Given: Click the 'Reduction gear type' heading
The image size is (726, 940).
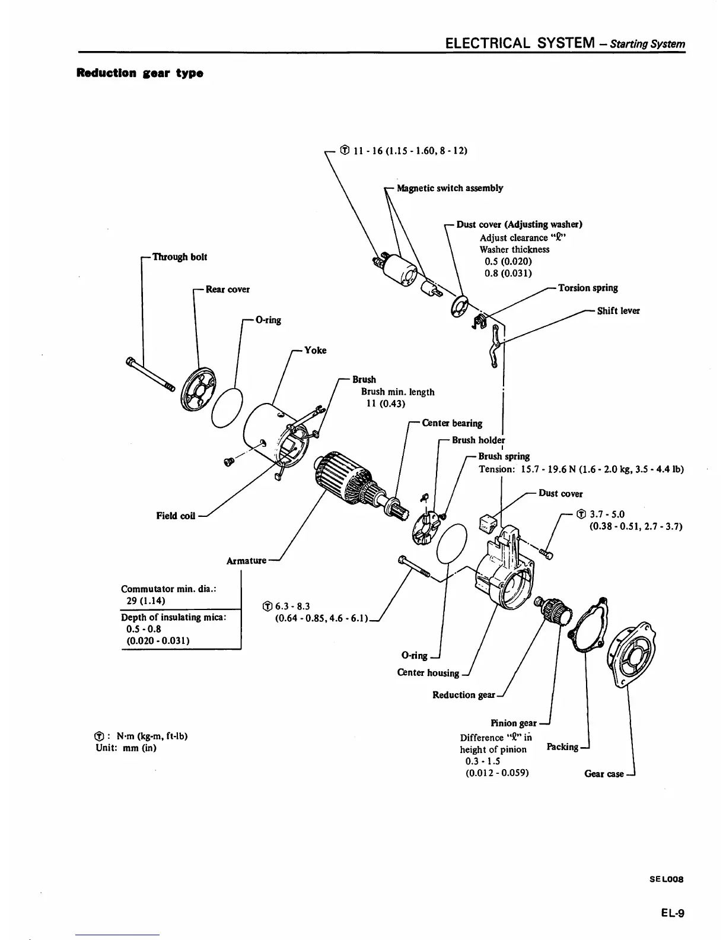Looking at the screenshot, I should pos(139,74).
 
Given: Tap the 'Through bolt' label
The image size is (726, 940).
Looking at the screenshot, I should pos(180,257).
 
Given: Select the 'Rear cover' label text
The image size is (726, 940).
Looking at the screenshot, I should pos(228,290).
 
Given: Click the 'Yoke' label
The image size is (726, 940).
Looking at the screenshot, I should pos(315,350).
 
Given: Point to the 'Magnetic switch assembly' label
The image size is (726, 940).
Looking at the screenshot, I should pos(450,188).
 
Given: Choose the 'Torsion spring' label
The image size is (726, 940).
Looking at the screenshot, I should pos(588,288).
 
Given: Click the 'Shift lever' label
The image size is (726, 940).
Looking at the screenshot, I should pos(619,310).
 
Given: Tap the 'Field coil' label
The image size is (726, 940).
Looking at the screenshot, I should pos(176,515).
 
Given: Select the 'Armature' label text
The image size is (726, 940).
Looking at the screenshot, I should pos(246,560).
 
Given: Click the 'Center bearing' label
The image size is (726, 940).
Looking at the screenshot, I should pos(452,423).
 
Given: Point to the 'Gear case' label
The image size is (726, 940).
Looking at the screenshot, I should pos(604,773).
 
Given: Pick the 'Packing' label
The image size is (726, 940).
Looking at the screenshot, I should pos(562,747).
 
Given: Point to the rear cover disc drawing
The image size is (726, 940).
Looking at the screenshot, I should pos(198,389).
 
